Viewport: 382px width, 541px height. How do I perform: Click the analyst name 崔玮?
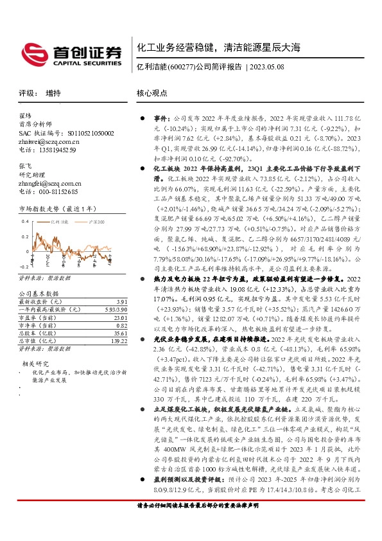click(x=25, y=116)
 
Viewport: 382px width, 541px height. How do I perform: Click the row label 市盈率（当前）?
click(x=39, y=318)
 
